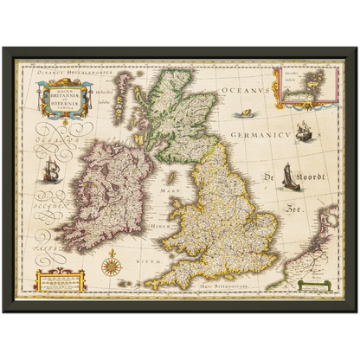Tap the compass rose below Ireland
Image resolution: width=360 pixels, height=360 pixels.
point(111,262)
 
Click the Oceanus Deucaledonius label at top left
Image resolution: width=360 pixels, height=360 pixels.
point(75,75)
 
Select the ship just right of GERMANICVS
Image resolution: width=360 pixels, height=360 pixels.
point(304,132)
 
